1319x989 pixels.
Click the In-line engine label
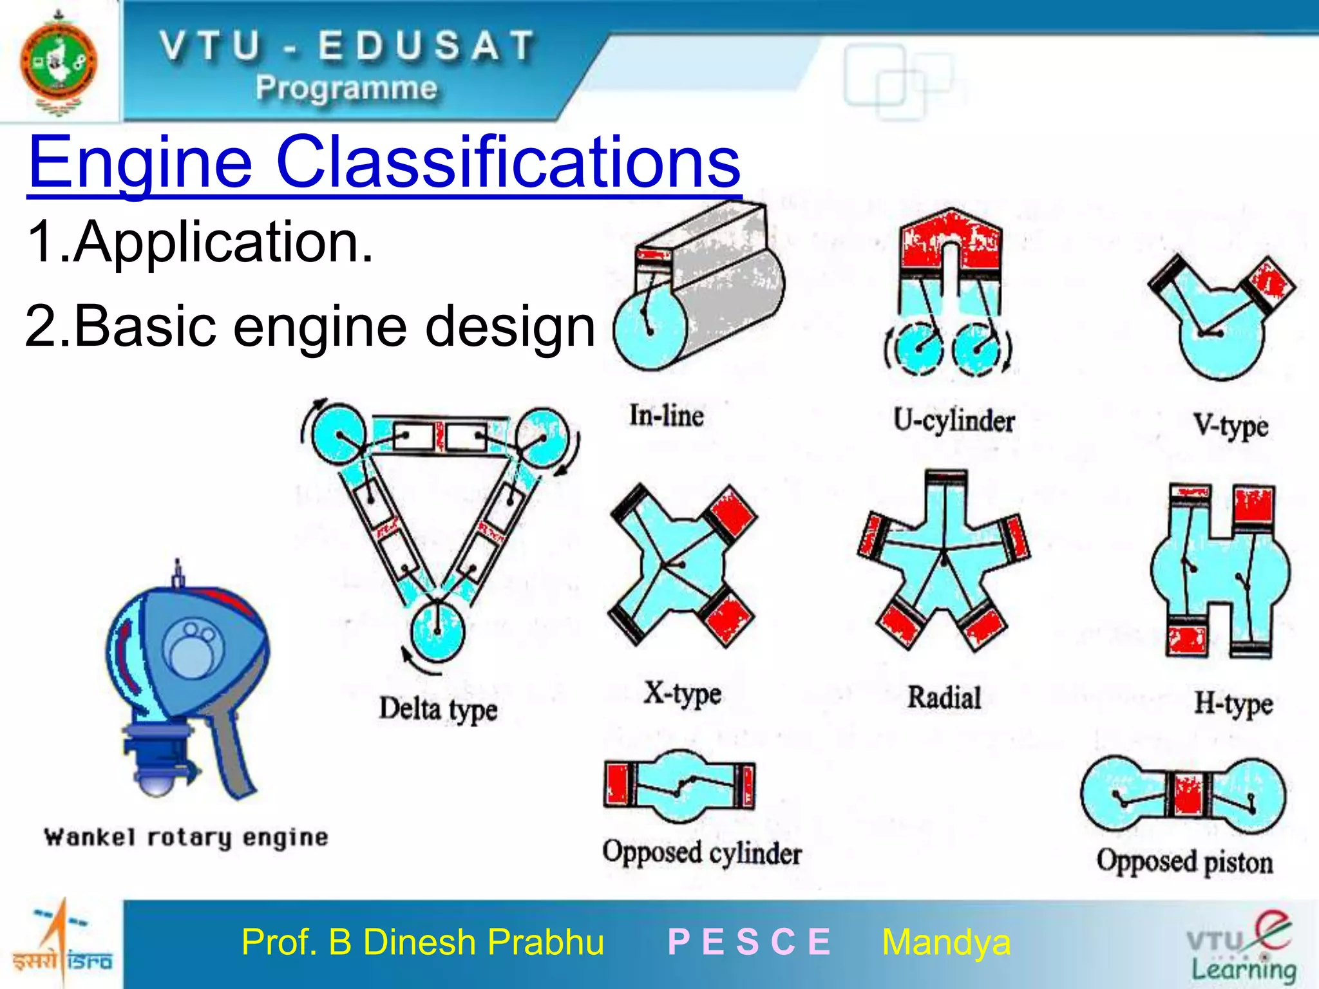pos(666,415)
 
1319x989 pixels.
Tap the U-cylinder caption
pos(954,421)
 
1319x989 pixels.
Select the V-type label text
pos(1230,426)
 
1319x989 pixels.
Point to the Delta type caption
pos(438,709)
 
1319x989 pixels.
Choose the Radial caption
pos(944,697)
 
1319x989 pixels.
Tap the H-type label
pos(1233,704)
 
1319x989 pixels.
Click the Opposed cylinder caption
pos(702,853)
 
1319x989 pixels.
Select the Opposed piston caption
pos(1184,862)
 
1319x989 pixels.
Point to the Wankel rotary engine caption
pos(186,837)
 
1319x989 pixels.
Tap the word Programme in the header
pos(346,88)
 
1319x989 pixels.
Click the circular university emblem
pos(59,62)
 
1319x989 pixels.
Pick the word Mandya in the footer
pos(945,942)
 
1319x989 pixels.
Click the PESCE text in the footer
pos(749,942)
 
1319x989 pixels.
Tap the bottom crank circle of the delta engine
pos(437,630)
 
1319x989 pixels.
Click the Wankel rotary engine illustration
pos(187,683)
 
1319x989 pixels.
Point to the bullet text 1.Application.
pos(200,242)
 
